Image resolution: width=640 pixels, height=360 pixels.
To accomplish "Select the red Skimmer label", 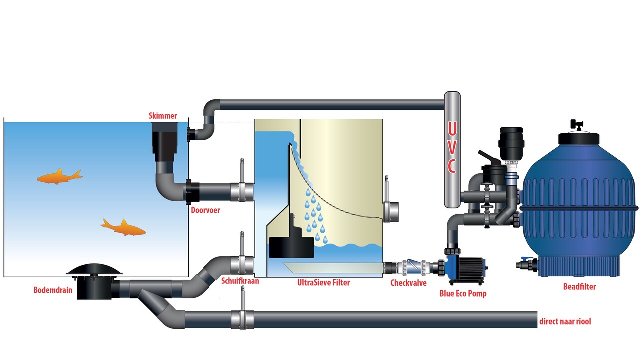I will [163, 116].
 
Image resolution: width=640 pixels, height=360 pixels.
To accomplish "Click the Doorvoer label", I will [205, 210].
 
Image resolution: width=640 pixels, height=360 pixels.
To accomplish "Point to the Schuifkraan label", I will [240, 281].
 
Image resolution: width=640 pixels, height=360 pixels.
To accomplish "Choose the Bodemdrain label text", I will [54, 290].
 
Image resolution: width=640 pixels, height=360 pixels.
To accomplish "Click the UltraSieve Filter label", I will [323, 283].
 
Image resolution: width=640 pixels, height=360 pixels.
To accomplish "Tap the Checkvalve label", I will [408, 283].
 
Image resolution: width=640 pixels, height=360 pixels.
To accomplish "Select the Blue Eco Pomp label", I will [463, 294].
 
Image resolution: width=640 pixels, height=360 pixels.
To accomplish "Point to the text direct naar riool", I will [565, 321].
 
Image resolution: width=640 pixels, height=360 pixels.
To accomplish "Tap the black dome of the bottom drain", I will [95, 269].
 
